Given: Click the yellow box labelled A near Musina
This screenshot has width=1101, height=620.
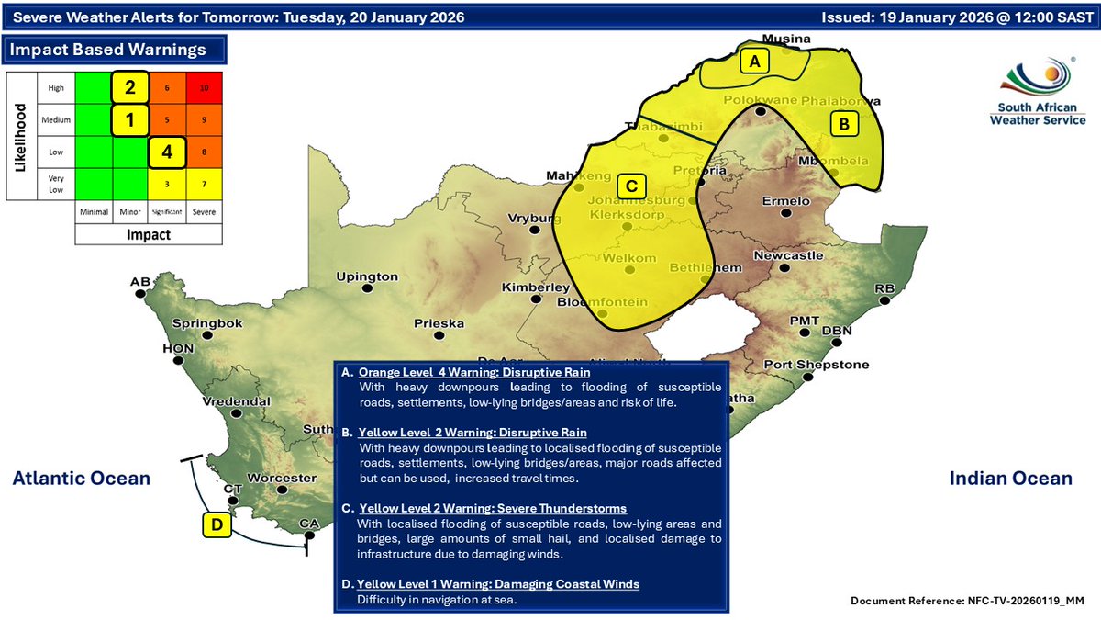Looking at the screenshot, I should pyautogui.click(x=755, y=62).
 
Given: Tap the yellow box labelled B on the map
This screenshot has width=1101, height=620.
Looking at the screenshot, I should pyautogui.click(x=844, y=124).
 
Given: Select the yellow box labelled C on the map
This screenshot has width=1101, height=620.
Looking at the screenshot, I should pyautogui.click(x=631, y=185).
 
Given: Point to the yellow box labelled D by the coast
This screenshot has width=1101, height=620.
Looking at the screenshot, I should pyautogui.click(x=217, y=525).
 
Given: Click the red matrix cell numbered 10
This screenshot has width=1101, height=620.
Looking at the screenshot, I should pyautogui.click(x=204, y=87).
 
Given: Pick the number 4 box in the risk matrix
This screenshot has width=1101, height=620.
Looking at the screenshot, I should pyautogui.click(x=167, y=152).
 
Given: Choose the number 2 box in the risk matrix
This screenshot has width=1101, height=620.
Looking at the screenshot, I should pyautogui.click(x=130, y=87).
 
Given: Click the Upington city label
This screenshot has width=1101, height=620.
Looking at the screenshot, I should pyautogui.click(x=367, y=276).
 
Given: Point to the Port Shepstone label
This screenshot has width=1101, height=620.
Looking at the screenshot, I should pyautogui.click(x=817, y=365).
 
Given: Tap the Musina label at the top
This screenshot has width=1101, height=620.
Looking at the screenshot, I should pyautogui.click(x=787, y=39).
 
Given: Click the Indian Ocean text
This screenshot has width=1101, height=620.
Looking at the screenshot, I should pyautogui.click(x=1010, y=478).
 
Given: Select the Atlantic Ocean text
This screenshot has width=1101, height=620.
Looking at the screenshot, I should pyautogui.click(x=82, y=478).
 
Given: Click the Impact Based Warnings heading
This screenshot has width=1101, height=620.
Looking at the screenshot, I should pyautogui.click(x=107, y=50).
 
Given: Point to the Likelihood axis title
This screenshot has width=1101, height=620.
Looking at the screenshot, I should pyautogui.click(x=19, y=135).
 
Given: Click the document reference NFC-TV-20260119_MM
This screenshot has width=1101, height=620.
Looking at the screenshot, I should pyautogui.click(x=967, y=600).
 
